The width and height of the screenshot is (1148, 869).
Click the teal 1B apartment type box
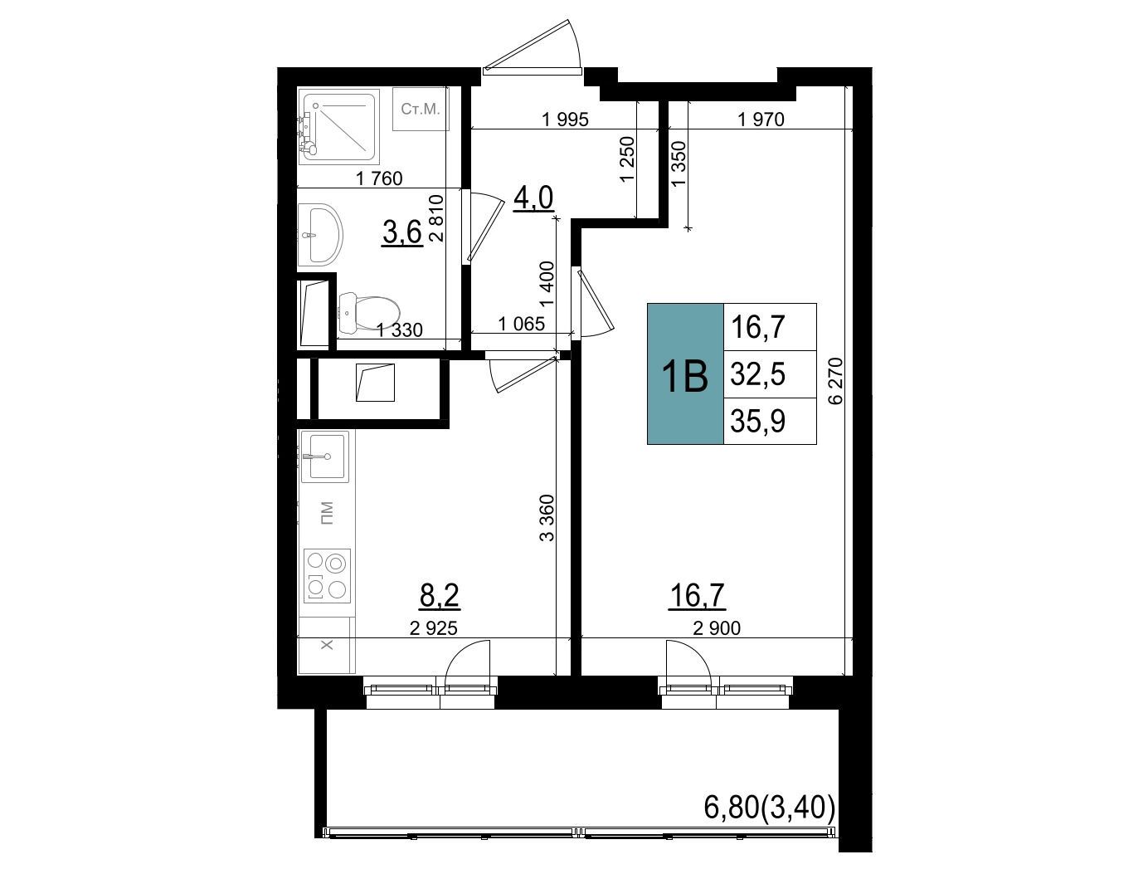[685, 373]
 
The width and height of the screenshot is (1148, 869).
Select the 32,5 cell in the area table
[770, 374]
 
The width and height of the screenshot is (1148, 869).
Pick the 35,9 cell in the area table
[770, 421]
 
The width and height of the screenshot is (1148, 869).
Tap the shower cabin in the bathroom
[338, 126]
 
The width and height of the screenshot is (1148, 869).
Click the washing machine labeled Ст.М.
[421, 109]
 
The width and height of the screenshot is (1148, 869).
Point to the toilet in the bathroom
[369, 313]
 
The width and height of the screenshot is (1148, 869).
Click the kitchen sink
[325, 456]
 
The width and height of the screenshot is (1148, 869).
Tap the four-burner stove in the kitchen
[327, 575]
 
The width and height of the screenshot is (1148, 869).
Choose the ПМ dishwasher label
[326, 513]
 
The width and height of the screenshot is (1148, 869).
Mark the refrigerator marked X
[326, 645]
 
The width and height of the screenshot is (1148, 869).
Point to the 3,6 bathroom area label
[401, 232]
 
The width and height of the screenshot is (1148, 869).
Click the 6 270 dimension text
[836, 381]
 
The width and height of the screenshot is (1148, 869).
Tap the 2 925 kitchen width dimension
[434, 627]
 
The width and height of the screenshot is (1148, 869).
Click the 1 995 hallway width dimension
[565, 120]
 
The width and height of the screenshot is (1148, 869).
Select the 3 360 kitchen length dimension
[547, 517]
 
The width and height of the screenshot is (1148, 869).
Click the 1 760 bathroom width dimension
[379, 179]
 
